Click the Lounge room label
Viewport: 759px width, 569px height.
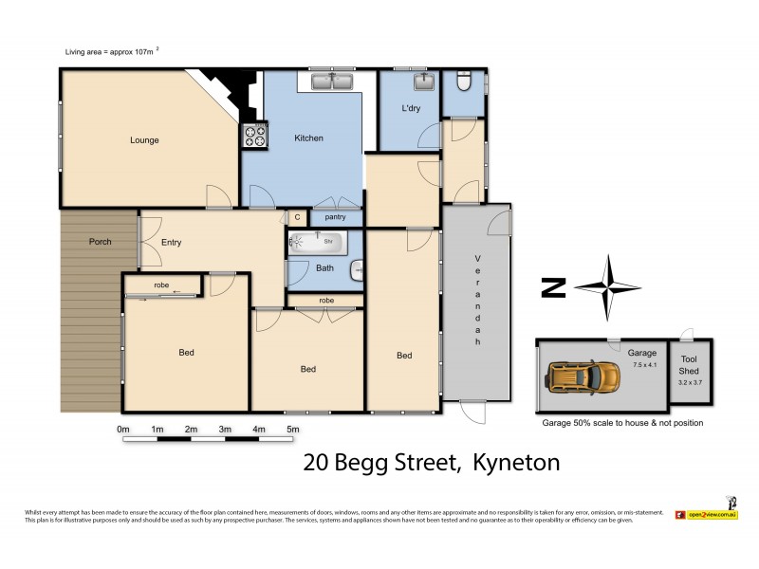[144, 140]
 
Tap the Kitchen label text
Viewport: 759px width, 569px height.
[308, 138]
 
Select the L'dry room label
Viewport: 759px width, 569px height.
[411, 109]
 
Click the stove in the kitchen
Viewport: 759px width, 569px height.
[256, 137]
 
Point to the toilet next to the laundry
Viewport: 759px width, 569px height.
[461, 83]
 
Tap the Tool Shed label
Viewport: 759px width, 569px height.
[689, 365]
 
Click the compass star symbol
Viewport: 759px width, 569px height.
[608, 287]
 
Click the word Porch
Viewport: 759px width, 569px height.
[100, 242]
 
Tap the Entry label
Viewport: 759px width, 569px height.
[171, 243]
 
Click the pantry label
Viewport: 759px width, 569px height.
[335, 217]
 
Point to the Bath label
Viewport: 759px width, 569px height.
[324, 267]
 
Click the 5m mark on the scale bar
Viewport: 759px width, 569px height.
[293, 430]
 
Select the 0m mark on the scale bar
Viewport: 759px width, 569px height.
[122, 430]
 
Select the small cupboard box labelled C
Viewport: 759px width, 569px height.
[296, 217]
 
